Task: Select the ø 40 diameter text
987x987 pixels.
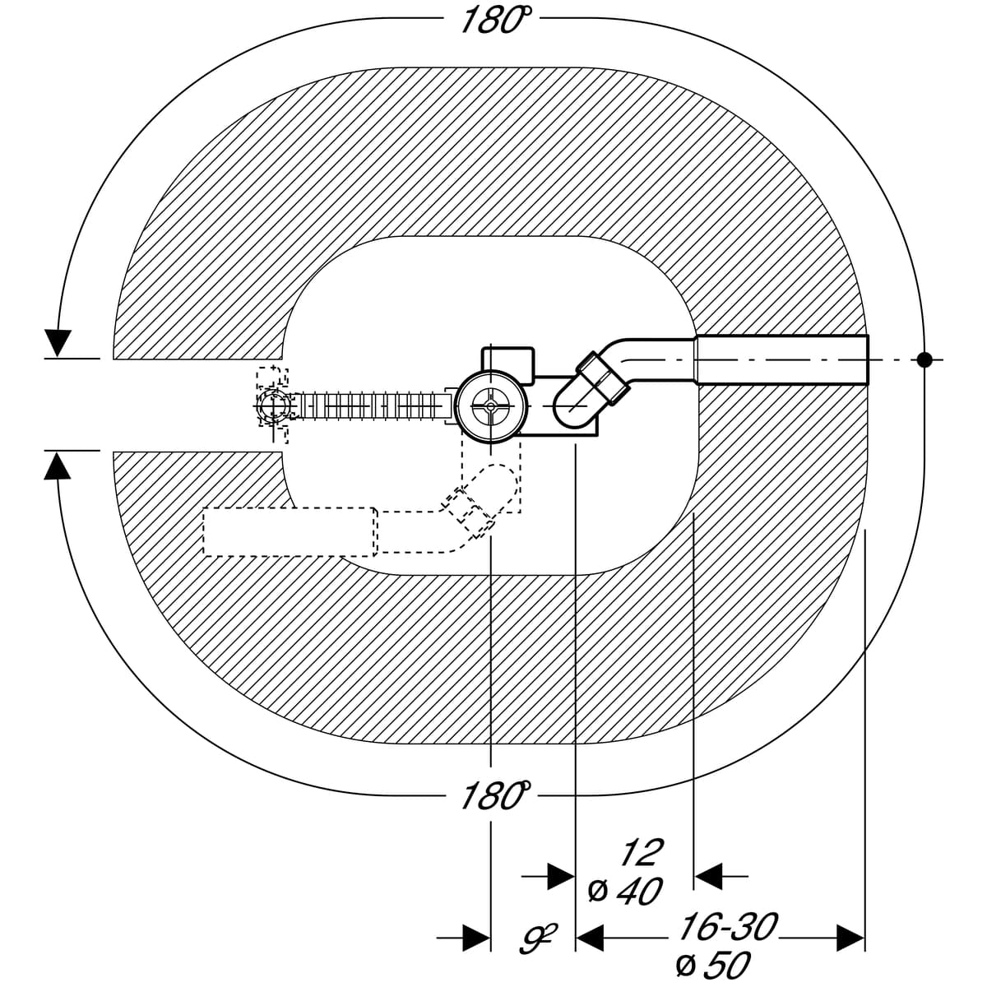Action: coord(625,892)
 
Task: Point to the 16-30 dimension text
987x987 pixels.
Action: coord(728,926)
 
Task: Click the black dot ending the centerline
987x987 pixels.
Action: coord(924,359)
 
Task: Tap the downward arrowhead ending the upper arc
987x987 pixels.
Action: coord(58,343)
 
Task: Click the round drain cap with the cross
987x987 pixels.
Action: coord(491,406)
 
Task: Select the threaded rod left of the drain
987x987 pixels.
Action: coord(373,406)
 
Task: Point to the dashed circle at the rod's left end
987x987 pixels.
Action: coord(273,406)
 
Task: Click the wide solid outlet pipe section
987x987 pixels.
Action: coord(782,359)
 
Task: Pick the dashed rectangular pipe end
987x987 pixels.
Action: coord(290,531)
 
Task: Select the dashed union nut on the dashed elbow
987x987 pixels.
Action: coord(470,512)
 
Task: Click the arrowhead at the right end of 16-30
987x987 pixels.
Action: coord(850,938)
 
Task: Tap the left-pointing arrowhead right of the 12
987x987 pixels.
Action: coord(709,876)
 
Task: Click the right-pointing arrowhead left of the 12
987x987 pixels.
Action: coord(561,876)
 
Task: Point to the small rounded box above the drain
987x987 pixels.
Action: coord(508,364)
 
